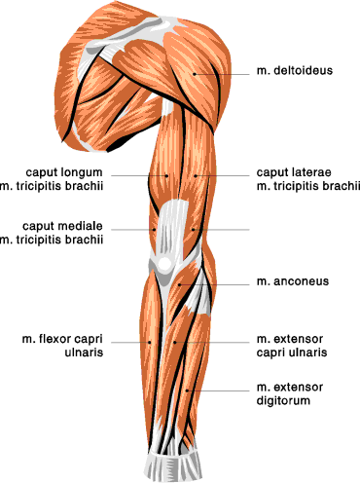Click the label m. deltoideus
pos(295,70)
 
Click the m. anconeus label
pos(293,281)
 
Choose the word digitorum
pos(283,400)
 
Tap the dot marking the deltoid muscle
pos(195,74)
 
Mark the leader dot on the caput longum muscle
pos(166,175)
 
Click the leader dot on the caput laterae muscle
pos(196,175)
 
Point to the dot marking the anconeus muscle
pos(179,284)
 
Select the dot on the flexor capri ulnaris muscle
pos(150,342)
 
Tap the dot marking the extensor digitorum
pos(187,390)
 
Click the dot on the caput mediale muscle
pos(155,230)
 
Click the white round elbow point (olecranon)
pos(164,264)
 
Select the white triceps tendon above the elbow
pos(171,227)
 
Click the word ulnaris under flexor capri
pos(84,353)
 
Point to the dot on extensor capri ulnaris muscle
pos(175,342)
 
